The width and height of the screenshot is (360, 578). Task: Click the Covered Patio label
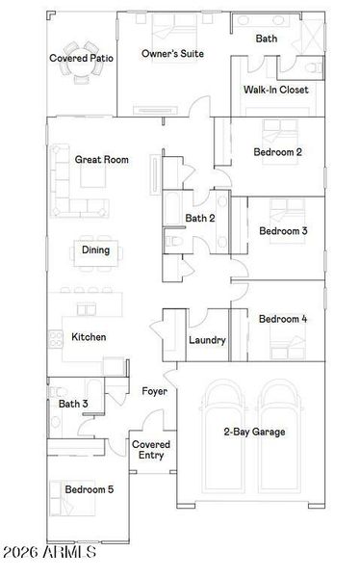[x=81, y=59]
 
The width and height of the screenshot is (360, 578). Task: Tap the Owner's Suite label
[x=171, y=54]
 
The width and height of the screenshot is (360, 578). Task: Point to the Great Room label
[x=102, y=160]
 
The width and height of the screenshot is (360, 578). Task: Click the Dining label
[x=95, y=250]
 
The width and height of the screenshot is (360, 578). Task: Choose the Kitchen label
[x=89, y=337]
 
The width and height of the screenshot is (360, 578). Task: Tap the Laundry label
[x=207, y=340]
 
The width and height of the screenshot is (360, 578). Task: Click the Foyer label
[x=155, y=391]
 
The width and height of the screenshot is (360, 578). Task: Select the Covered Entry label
[x=151, y=450]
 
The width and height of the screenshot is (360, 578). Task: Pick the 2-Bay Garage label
[x=254, y=433]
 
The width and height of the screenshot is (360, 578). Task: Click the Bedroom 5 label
[x=90, y=490]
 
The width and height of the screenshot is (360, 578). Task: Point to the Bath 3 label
[x=73, y=405]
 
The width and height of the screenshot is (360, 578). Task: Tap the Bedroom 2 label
[x=278, y=152]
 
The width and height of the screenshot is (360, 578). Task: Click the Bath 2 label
[x=199, y=219]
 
